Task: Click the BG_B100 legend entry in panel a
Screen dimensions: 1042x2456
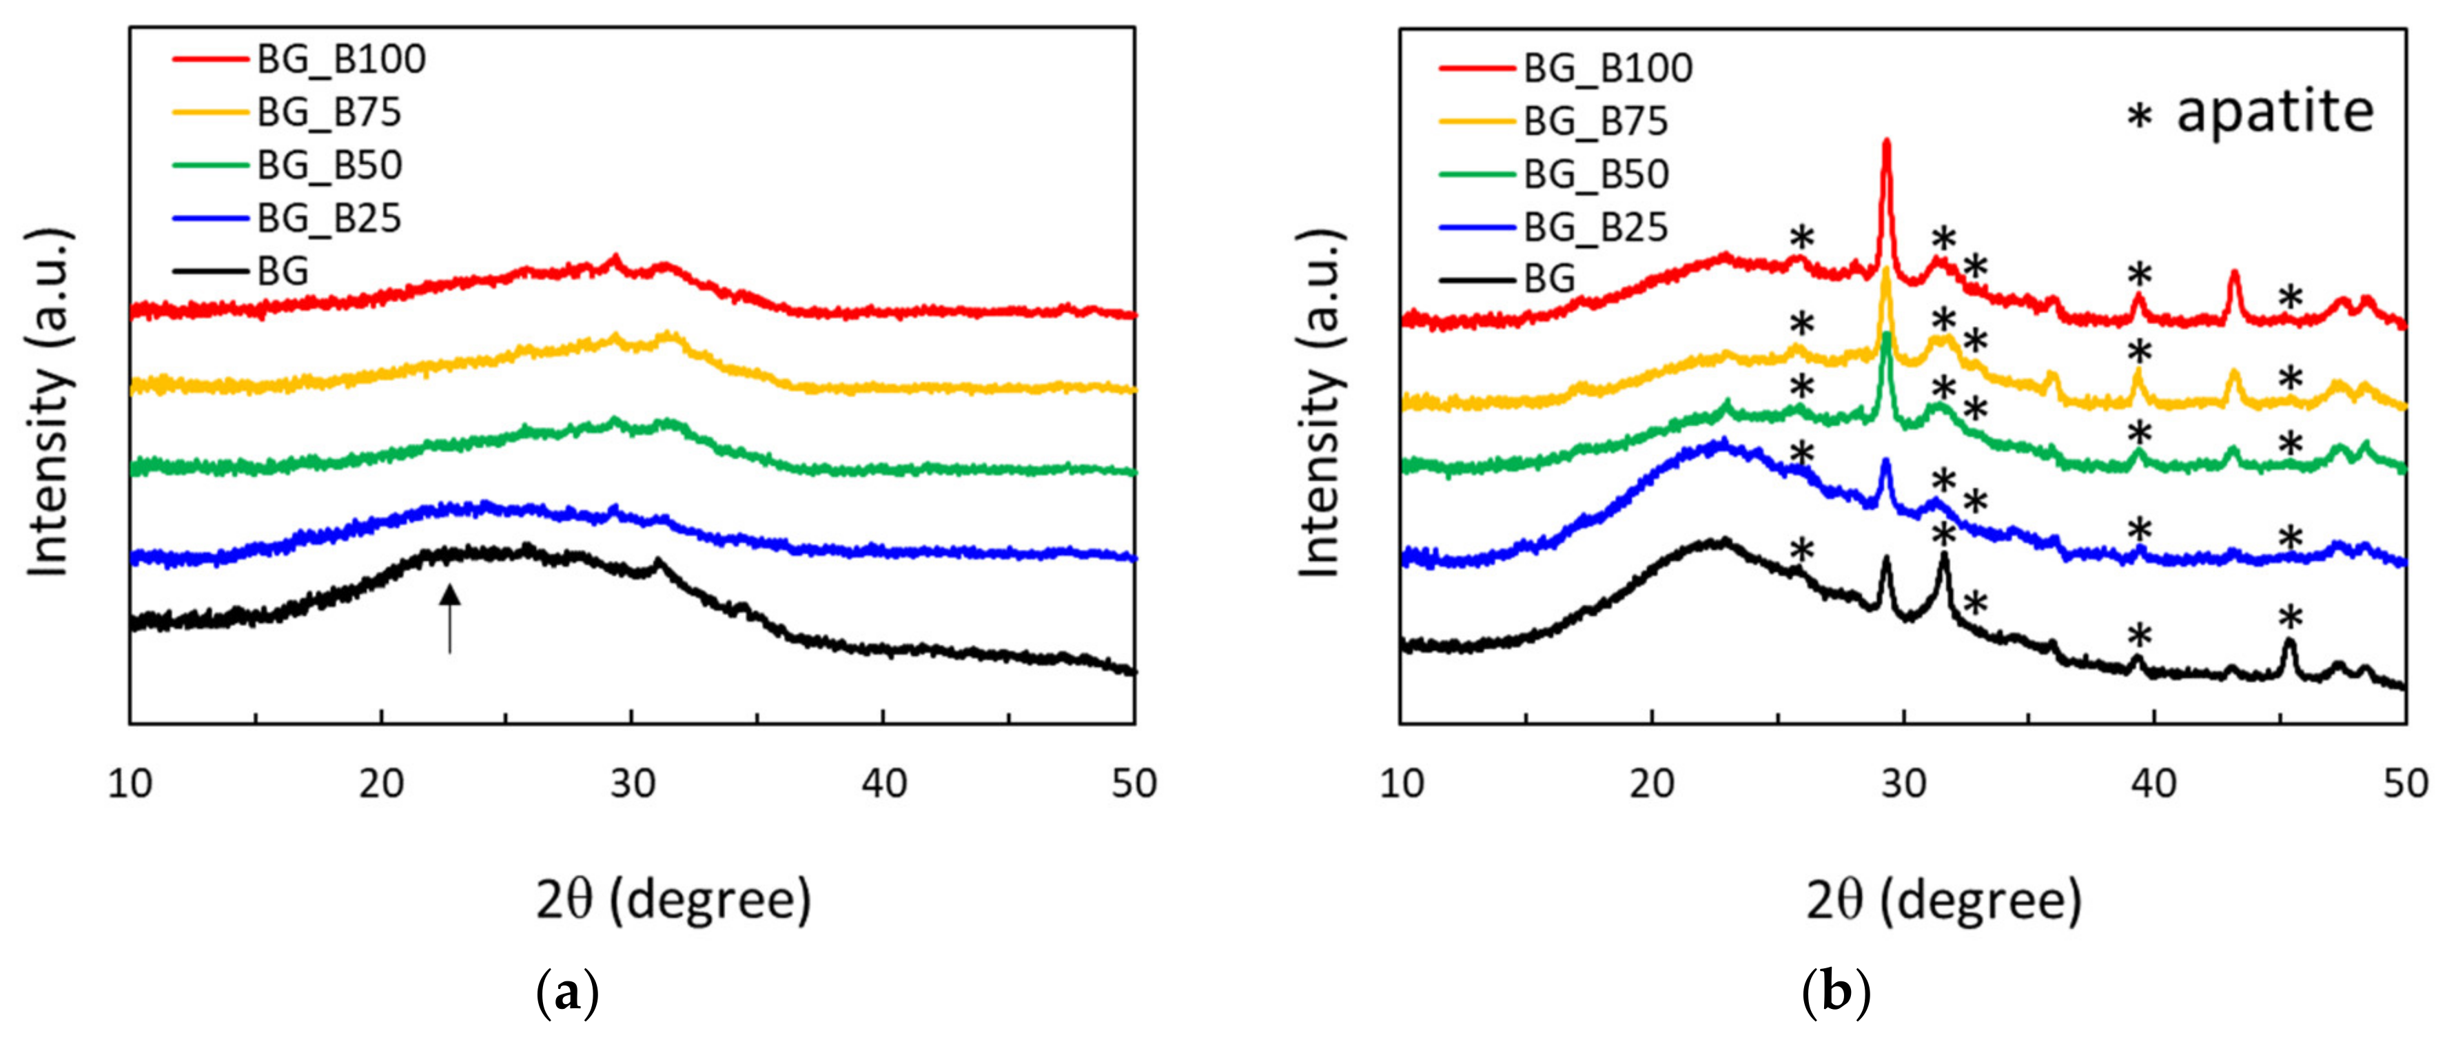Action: [340, 59]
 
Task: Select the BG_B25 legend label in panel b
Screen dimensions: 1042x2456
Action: [1596, 227]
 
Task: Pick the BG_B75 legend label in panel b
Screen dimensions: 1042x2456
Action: [1596, 121]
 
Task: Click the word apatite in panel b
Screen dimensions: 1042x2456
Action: [2275, 112]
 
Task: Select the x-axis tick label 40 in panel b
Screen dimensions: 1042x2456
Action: [2153, 784]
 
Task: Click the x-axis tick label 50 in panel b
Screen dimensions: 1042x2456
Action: [2404, 784]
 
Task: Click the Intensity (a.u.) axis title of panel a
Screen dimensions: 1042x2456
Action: [50, 402]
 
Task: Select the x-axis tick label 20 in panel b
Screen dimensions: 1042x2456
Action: [1651, 784]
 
